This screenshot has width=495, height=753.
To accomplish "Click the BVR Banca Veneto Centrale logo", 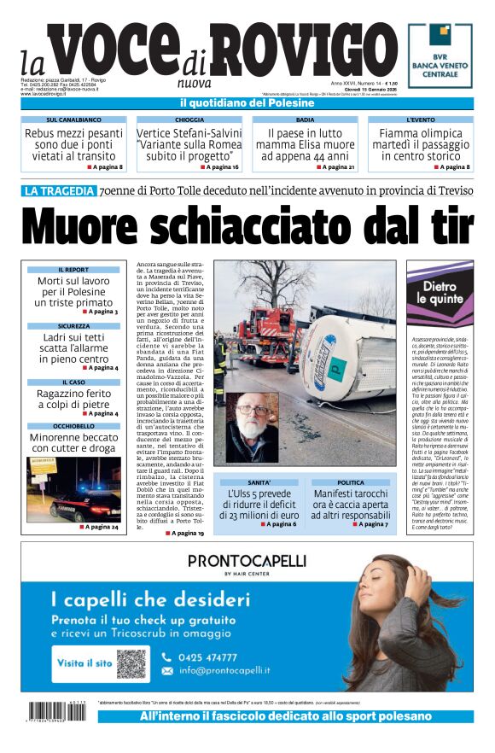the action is (x=440, y=54).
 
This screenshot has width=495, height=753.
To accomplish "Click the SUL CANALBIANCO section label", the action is (x=73, y=120).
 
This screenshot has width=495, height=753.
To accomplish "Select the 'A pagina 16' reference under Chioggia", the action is (x=215, y=167).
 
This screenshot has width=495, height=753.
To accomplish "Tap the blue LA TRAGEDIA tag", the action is (x=59, y=191).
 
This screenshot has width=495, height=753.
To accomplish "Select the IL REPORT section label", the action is (x=73, y=270).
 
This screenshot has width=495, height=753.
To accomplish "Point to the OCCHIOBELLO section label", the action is (x=73, y=425).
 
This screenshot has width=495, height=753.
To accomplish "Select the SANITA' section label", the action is (x=259, y=482).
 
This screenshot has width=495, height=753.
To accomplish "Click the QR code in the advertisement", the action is (x=131, y=663).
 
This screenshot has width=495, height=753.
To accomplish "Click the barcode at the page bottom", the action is (x=59, y=711).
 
